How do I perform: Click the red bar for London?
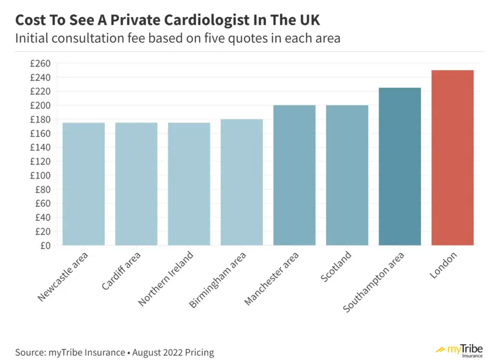point(452,158)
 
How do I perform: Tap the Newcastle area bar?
point(83,184)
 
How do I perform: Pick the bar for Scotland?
point(347,175)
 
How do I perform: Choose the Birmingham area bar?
point(242,182)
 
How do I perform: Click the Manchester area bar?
point(295,175)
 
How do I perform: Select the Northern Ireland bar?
point(189,184)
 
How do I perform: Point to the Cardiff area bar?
point(136,184)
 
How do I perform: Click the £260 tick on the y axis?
point(41,63)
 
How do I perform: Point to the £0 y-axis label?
point(46,245)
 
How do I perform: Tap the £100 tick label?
point(41,175)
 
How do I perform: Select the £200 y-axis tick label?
point(41,105)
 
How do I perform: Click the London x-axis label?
point(444,266)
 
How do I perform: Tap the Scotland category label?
point(337,267)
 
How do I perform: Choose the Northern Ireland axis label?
point(167,278)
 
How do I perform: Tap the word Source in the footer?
point(30,352)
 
